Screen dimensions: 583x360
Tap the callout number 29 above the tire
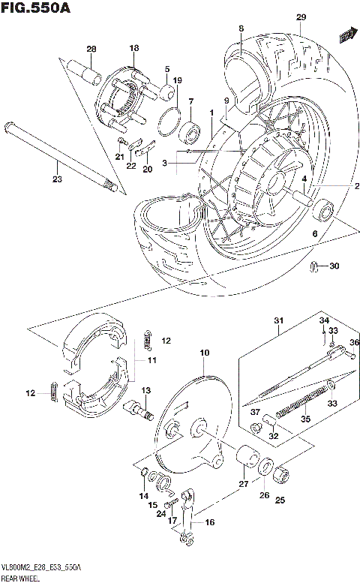pyautogui.click(x=301, y=17)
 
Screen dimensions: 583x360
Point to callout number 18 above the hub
pyautogui.click(x=134, y=48)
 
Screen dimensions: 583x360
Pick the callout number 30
pyautogui.click(x=334, y=266)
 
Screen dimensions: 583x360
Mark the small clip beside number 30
pyautogui.click(x=316, y=266)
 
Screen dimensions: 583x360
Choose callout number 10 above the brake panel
pyautogui.click(x=203, y=353)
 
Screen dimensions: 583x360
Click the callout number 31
pyautogui.click(x=278, y=323)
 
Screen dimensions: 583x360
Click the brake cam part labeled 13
pyautogui.click(x=141, y=408)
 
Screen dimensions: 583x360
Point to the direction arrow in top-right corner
pyautogui.click(x=346, y=35)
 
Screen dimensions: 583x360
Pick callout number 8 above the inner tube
pyautogui.click(x=241, y=29)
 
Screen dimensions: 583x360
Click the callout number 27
pyautogui.click(x=241, y=484)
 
